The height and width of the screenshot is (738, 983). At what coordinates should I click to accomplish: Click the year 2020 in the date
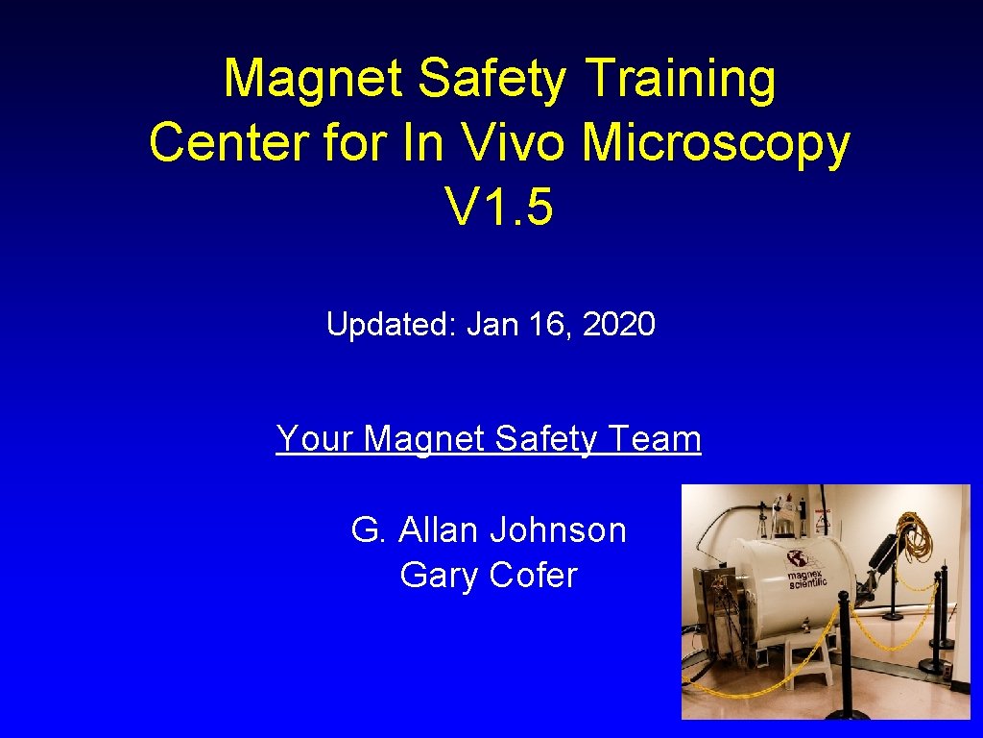click(x=619, y=325)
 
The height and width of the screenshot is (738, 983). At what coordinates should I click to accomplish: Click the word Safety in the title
click(x=492, y=79)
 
